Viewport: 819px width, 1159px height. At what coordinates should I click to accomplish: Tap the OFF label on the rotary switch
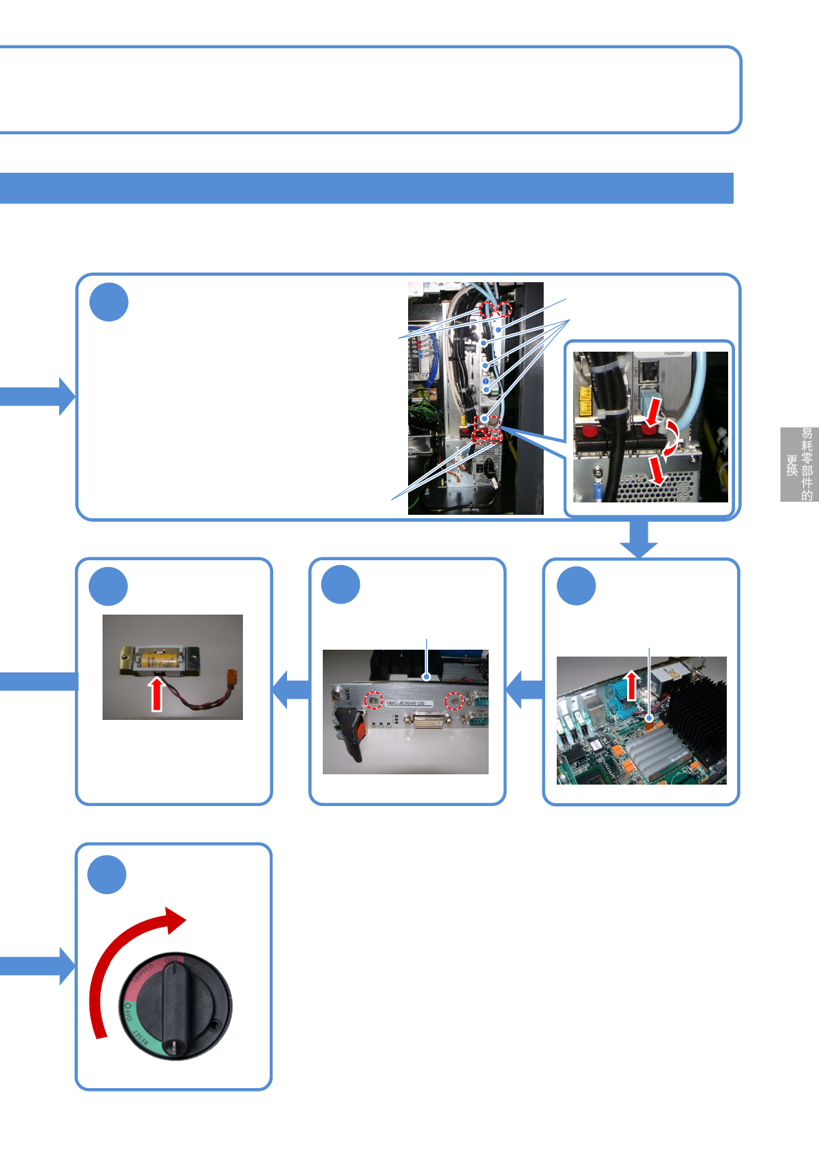pos(129,1010)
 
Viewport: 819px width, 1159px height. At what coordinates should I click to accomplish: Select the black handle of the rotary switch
pos(173,1005)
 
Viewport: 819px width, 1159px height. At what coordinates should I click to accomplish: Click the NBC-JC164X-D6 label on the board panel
pos(405,703)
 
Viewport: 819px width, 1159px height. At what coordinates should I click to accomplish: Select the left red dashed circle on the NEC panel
pos(374,700)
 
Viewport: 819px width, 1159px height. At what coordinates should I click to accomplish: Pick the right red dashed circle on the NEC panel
pos(454,701)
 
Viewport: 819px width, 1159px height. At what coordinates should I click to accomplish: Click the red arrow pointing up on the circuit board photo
pos(631,685)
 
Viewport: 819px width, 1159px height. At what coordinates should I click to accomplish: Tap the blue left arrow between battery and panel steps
pos(290,689)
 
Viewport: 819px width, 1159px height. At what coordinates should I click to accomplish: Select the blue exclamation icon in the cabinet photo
pos(485,381)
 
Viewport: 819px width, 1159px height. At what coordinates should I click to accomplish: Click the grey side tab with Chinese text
pos(799,464)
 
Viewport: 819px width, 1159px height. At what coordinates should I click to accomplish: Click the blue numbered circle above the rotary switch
pos(107,875)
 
